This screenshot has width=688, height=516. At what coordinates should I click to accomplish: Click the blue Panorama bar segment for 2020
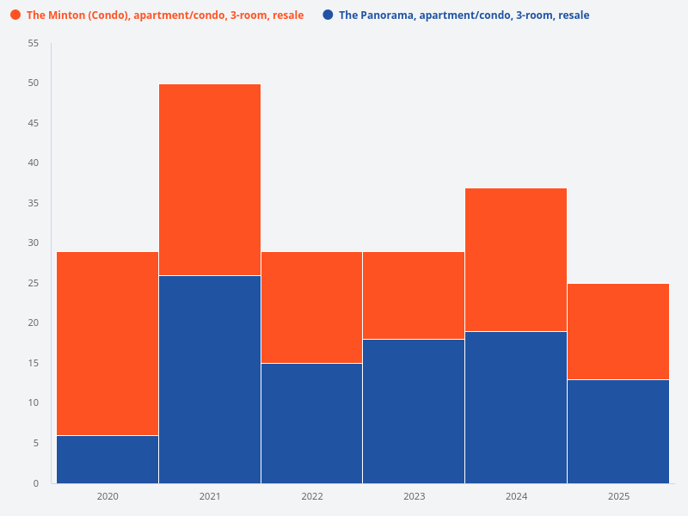(107, 459)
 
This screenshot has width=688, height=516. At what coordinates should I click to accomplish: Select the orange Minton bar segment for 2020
(107, 343)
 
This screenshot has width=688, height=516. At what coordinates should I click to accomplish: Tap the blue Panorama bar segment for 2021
(210, 379)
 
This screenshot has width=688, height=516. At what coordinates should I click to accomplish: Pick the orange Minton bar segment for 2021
(210, 180)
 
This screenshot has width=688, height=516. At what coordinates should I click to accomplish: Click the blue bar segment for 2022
(311, 423)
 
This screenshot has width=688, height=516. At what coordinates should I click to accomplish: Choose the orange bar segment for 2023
(414, 295)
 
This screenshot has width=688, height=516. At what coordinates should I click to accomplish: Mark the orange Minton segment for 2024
(516, 260)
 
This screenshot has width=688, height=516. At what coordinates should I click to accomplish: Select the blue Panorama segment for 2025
(618, 431)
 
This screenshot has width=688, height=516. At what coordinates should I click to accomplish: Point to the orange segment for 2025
(618, 331)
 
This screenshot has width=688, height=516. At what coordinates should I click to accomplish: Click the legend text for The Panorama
(464, 15)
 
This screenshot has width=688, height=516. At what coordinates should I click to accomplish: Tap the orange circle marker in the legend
(15, 15)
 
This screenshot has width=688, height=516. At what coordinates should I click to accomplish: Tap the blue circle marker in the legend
(328, 15)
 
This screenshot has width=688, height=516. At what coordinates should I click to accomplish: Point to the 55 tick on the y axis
(34, 43)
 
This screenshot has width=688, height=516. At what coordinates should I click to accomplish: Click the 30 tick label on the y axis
(34, 243)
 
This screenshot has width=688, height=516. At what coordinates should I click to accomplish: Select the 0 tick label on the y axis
(36, 483)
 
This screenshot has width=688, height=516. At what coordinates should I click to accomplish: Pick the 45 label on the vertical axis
(34, 123)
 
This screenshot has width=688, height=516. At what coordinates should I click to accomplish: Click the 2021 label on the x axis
(210, 496)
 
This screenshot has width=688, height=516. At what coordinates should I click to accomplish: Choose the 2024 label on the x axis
(516, 496)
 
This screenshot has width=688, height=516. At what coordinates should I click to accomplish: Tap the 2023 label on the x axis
(414, 496)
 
